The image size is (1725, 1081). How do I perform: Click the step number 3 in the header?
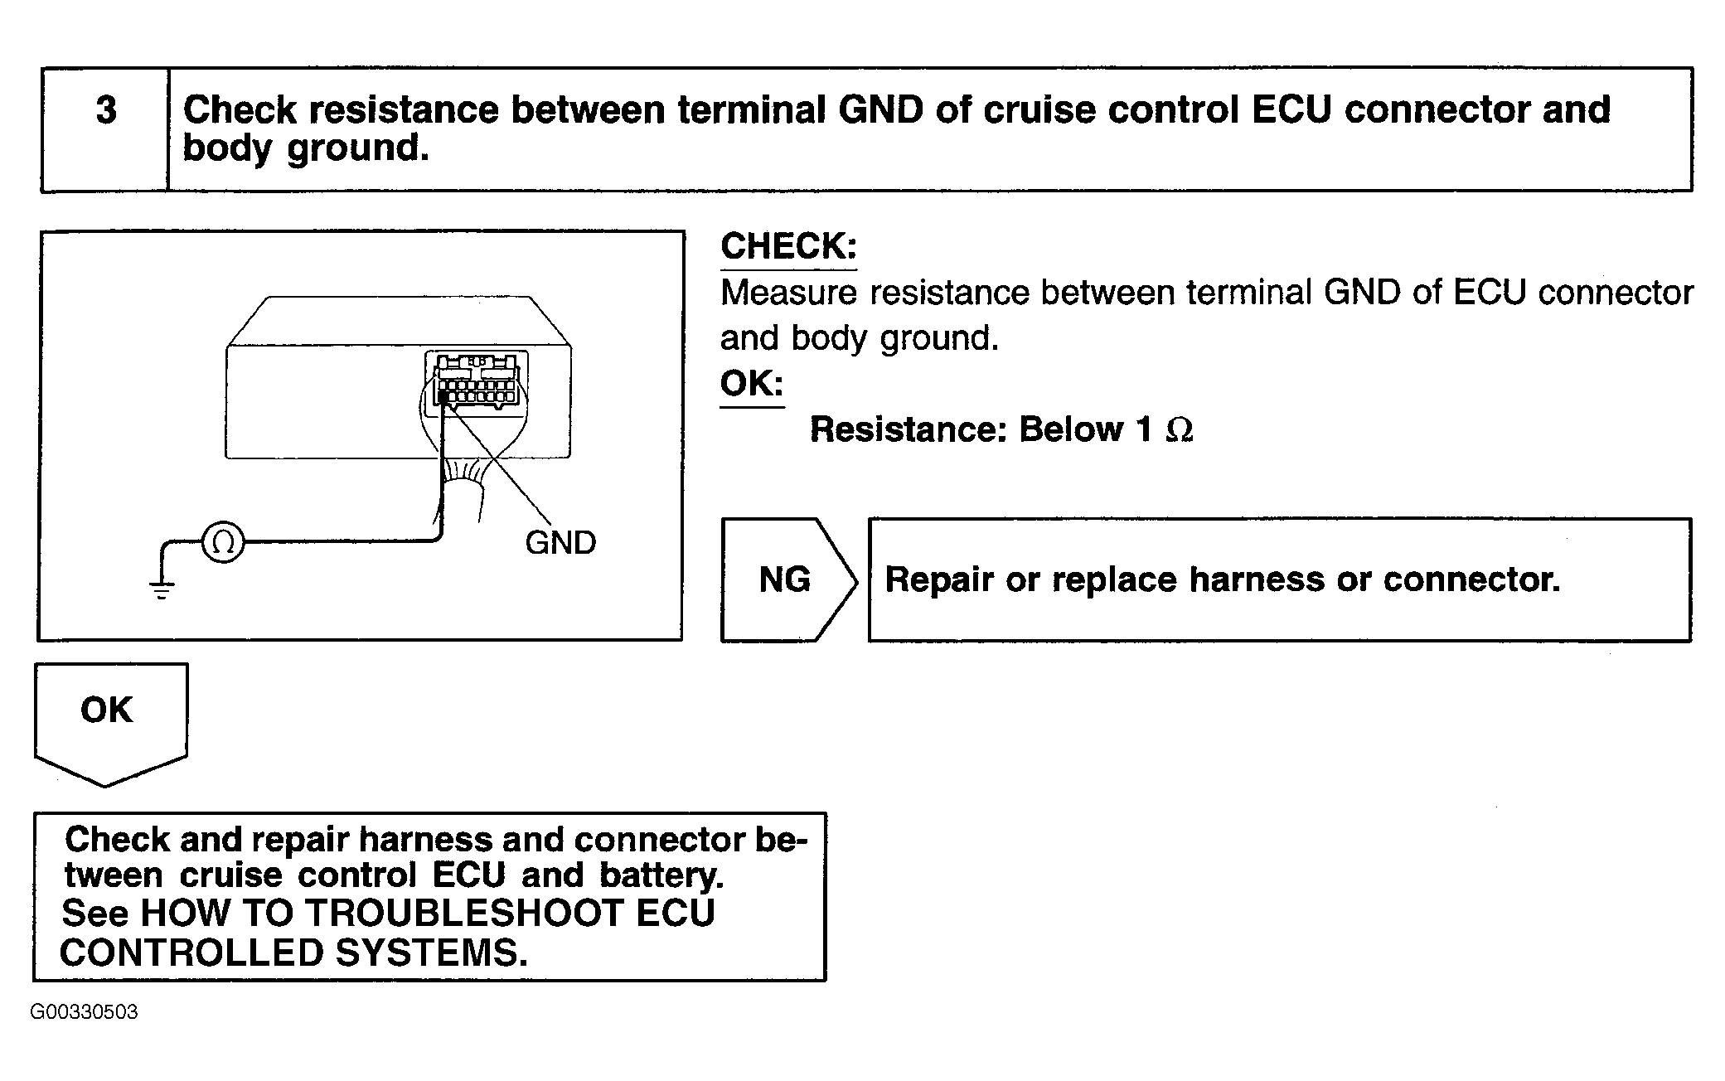coord(106,110)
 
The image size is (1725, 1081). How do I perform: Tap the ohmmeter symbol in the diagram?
coord(223,542)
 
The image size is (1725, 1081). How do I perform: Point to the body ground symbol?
coord(162,589)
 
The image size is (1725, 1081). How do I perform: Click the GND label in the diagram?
coord(560,543)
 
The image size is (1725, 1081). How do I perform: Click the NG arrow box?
coord(788,579)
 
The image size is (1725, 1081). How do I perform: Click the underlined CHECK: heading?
coord(788,247)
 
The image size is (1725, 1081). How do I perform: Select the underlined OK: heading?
coord(752,384)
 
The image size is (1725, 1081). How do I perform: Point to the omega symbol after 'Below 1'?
coord(1179,429)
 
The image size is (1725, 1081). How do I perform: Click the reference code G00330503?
coord(84,1012)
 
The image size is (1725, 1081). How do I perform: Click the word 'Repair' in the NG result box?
coord(939,579)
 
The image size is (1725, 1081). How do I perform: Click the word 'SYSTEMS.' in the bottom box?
coord(432,953)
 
